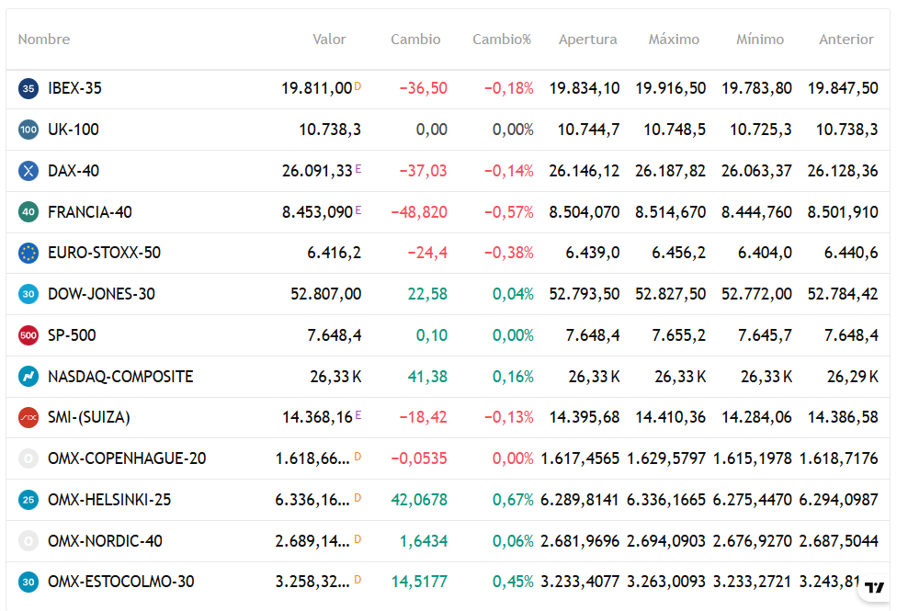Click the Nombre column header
(44, 40)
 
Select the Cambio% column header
(502, 40)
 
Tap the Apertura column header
(588, 40)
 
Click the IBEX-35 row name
(74, 88)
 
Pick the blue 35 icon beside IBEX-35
(28, 88)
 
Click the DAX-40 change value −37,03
(424, 171)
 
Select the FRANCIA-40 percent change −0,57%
(509, 212)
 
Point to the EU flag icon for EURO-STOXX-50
(28, 253)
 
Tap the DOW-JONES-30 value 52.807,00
(326, 294)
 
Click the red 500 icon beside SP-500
(28, 335)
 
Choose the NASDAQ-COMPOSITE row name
(120, 377)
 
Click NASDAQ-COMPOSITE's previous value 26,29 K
(853, 377)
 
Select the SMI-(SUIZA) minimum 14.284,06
(756, 417)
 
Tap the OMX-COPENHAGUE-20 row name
(127, 458)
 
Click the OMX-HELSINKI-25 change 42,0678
(419, 499)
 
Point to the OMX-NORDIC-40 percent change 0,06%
(513, 541)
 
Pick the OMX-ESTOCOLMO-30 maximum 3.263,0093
(666, 582)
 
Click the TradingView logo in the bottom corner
(874, 587)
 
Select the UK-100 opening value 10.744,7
(588, 130)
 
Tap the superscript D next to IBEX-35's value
(358, 86)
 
